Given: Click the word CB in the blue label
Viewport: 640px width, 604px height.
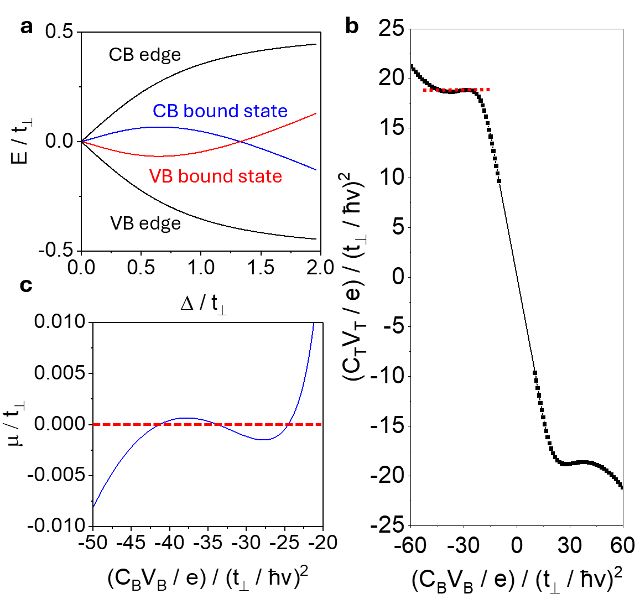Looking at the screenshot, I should [x=165, y=111].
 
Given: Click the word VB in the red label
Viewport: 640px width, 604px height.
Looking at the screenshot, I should [x=161, y=176].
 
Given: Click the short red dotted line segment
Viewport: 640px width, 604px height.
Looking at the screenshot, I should [x=457, y=90].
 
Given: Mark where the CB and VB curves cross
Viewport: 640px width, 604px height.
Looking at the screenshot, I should [x=241, y=142].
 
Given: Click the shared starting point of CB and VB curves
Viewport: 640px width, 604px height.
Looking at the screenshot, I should [x=83, y=142].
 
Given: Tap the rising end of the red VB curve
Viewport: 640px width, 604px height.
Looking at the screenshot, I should [x=316, y=113].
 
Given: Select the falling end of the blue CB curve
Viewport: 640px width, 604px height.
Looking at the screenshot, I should [x=316, y=169].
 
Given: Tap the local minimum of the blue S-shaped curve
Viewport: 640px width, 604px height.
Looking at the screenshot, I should [x=266, y=440].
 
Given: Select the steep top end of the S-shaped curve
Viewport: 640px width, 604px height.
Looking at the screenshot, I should [x=314, y=324].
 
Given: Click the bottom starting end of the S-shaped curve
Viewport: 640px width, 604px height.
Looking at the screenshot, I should [x=94, y=506].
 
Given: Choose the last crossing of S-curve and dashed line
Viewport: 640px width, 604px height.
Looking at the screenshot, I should [x=289, y=424].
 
